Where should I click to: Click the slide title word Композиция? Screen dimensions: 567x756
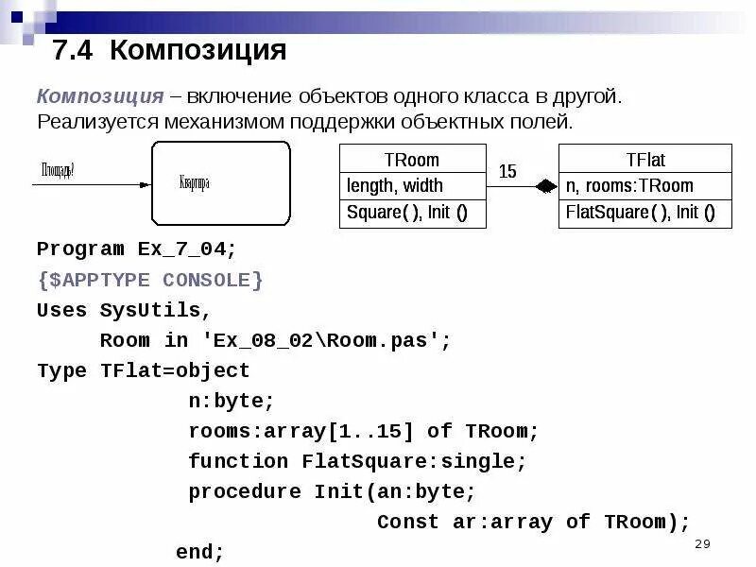(198, 50)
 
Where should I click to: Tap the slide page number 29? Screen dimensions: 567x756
(701, 543)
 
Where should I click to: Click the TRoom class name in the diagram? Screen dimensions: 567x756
(412, 160)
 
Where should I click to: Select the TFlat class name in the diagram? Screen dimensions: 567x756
(645, 160)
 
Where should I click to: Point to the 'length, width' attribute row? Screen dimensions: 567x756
(395, 186)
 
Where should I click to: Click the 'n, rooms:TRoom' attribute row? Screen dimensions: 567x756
(629, 186)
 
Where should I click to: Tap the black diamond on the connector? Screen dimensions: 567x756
(546, 187)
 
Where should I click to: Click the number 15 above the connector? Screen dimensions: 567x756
(507, 171)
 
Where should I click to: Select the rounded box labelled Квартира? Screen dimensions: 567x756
(220, 183)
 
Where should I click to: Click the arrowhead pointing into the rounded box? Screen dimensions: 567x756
(144, 184)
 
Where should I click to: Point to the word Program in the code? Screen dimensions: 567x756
(80, 249)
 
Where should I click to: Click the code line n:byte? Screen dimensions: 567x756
(231, 401)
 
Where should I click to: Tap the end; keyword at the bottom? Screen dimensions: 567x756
(200, 551)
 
